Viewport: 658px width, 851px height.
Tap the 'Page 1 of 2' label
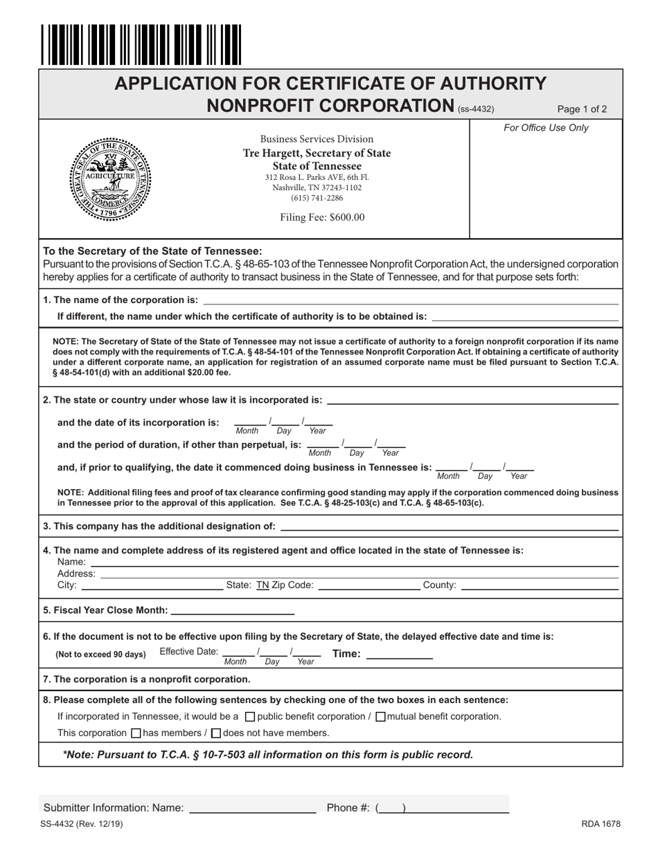click(582, 109)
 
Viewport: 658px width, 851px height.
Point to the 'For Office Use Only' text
click(546, 128)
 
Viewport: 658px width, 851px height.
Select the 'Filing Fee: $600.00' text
click(322, 217)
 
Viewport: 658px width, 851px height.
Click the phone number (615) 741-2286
click(317, 199)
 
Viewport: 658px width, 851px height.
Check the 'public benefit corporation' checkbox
click(251, 717)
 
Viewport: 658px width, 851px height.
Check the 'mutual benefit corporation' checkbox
click(380, 717)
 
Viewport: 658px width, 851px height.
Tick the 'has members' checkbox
click(136, 733)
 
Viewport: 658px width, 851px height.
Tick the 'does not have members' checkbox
click(215, 733)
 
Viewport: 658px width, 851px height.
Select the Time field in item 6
click(399, 654)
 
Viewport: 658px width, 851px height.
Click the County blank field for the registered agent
click(539, 585)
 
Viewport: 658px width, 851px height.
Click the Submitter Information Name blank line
click(252, 807)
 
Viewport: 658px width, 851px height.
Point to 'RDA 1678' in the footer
click(601, 824)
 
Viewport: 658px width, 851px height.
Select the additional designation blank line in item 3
click(450, 526)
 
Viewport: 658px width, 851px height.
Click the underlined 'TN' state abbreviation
click(263, 585)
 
